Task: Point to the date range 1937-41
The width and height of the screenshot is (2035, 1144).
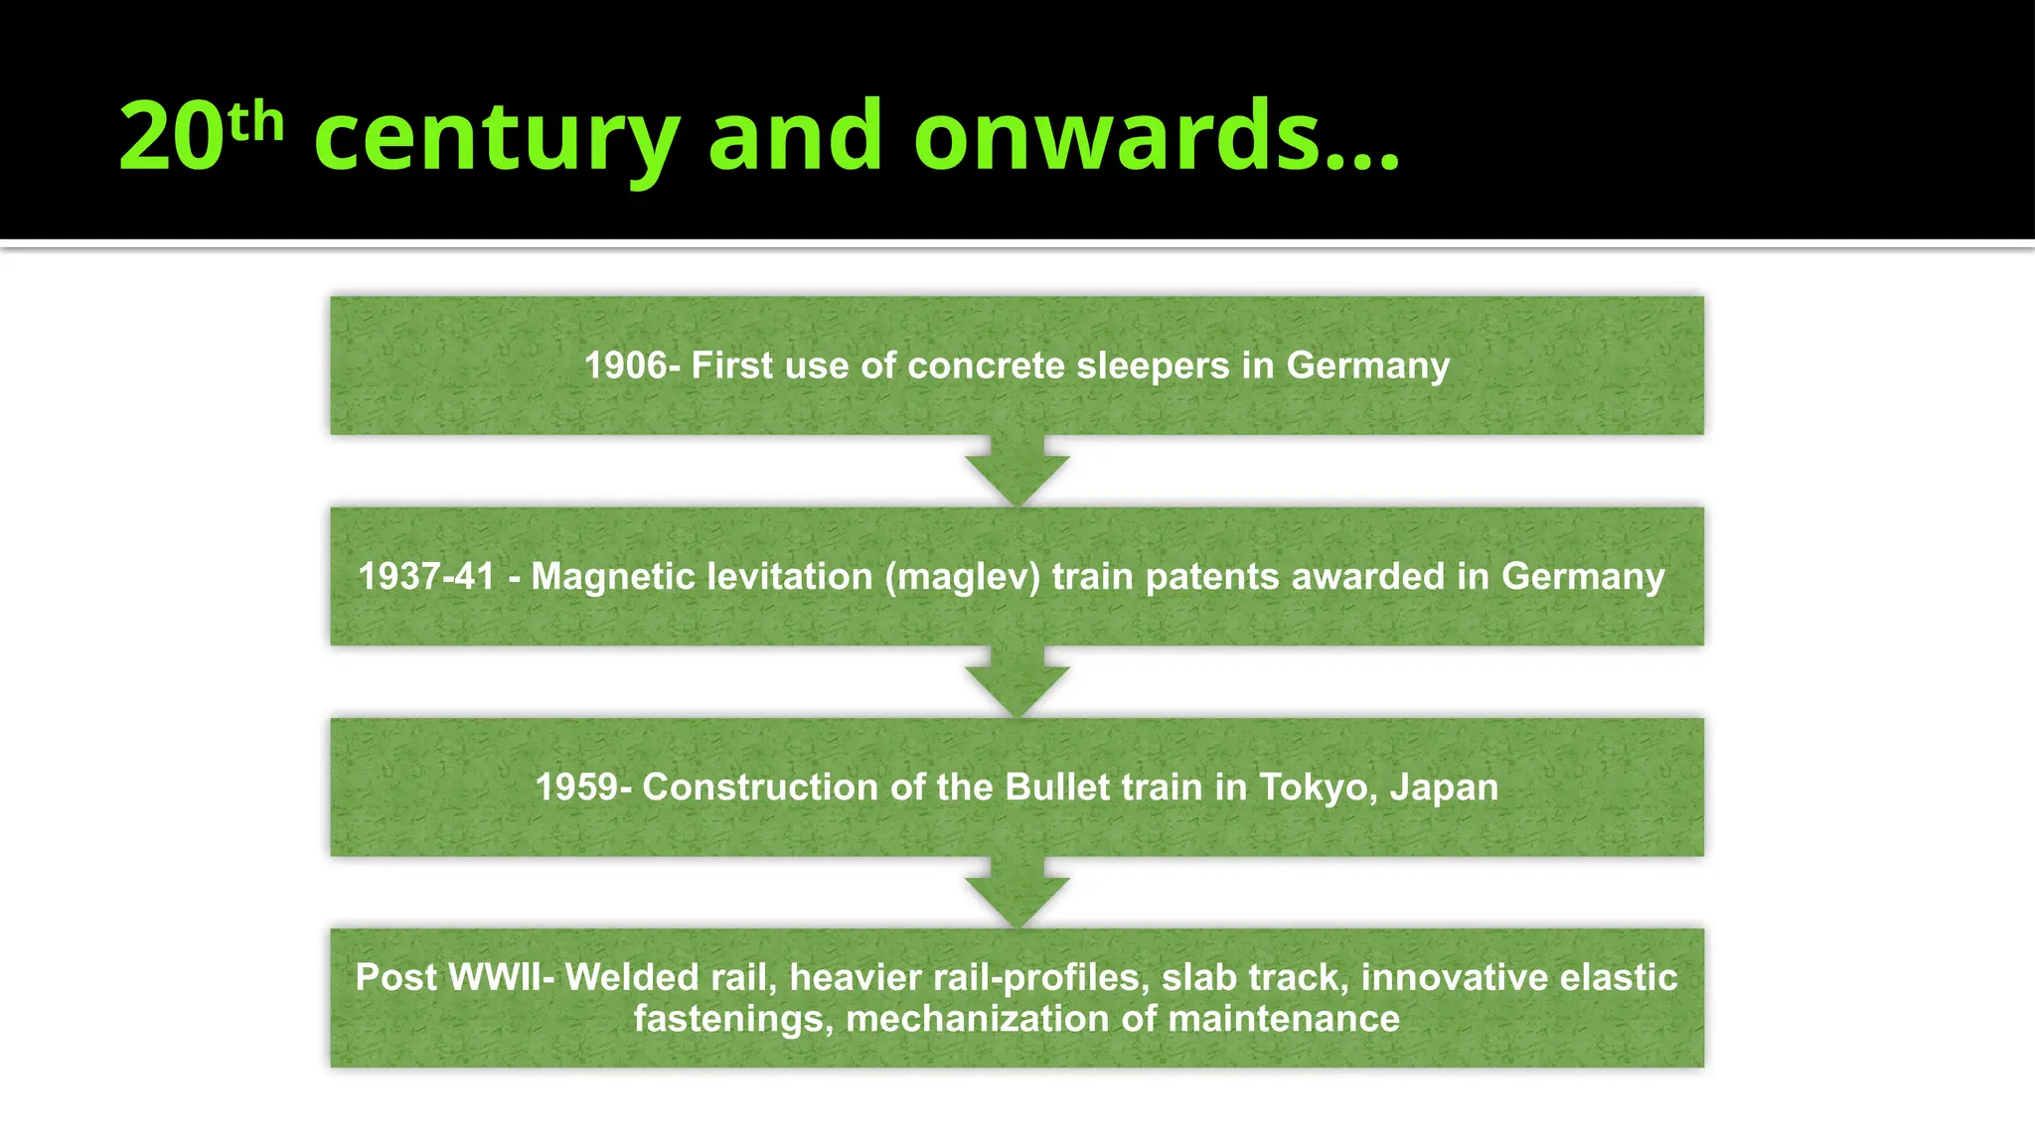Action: pyautogui.click(x=426, y=577)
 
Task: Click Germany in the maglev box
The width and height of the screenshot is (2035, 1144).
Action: pyautogui.click(x=1583, y=577)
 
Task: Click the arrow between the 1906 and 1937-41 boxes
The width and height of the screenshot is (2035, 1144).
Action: pyautogui.click(x=1017, y=472)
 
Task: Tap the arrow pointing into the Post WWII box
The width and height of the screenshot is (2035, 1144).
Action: pyautogui.click(x=1017, y=893)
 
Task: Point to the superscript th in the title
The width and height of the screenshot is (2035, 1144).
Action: pyautogui.click(x=255, y=122)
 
